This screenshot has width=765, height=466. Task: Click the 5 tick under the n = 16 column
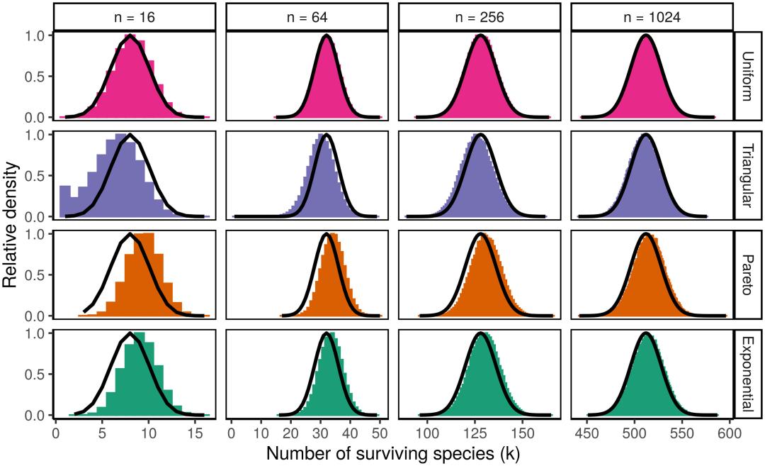coord(102,431)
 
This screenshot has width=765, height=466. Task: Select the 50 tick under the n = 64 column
coord(380,431)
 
